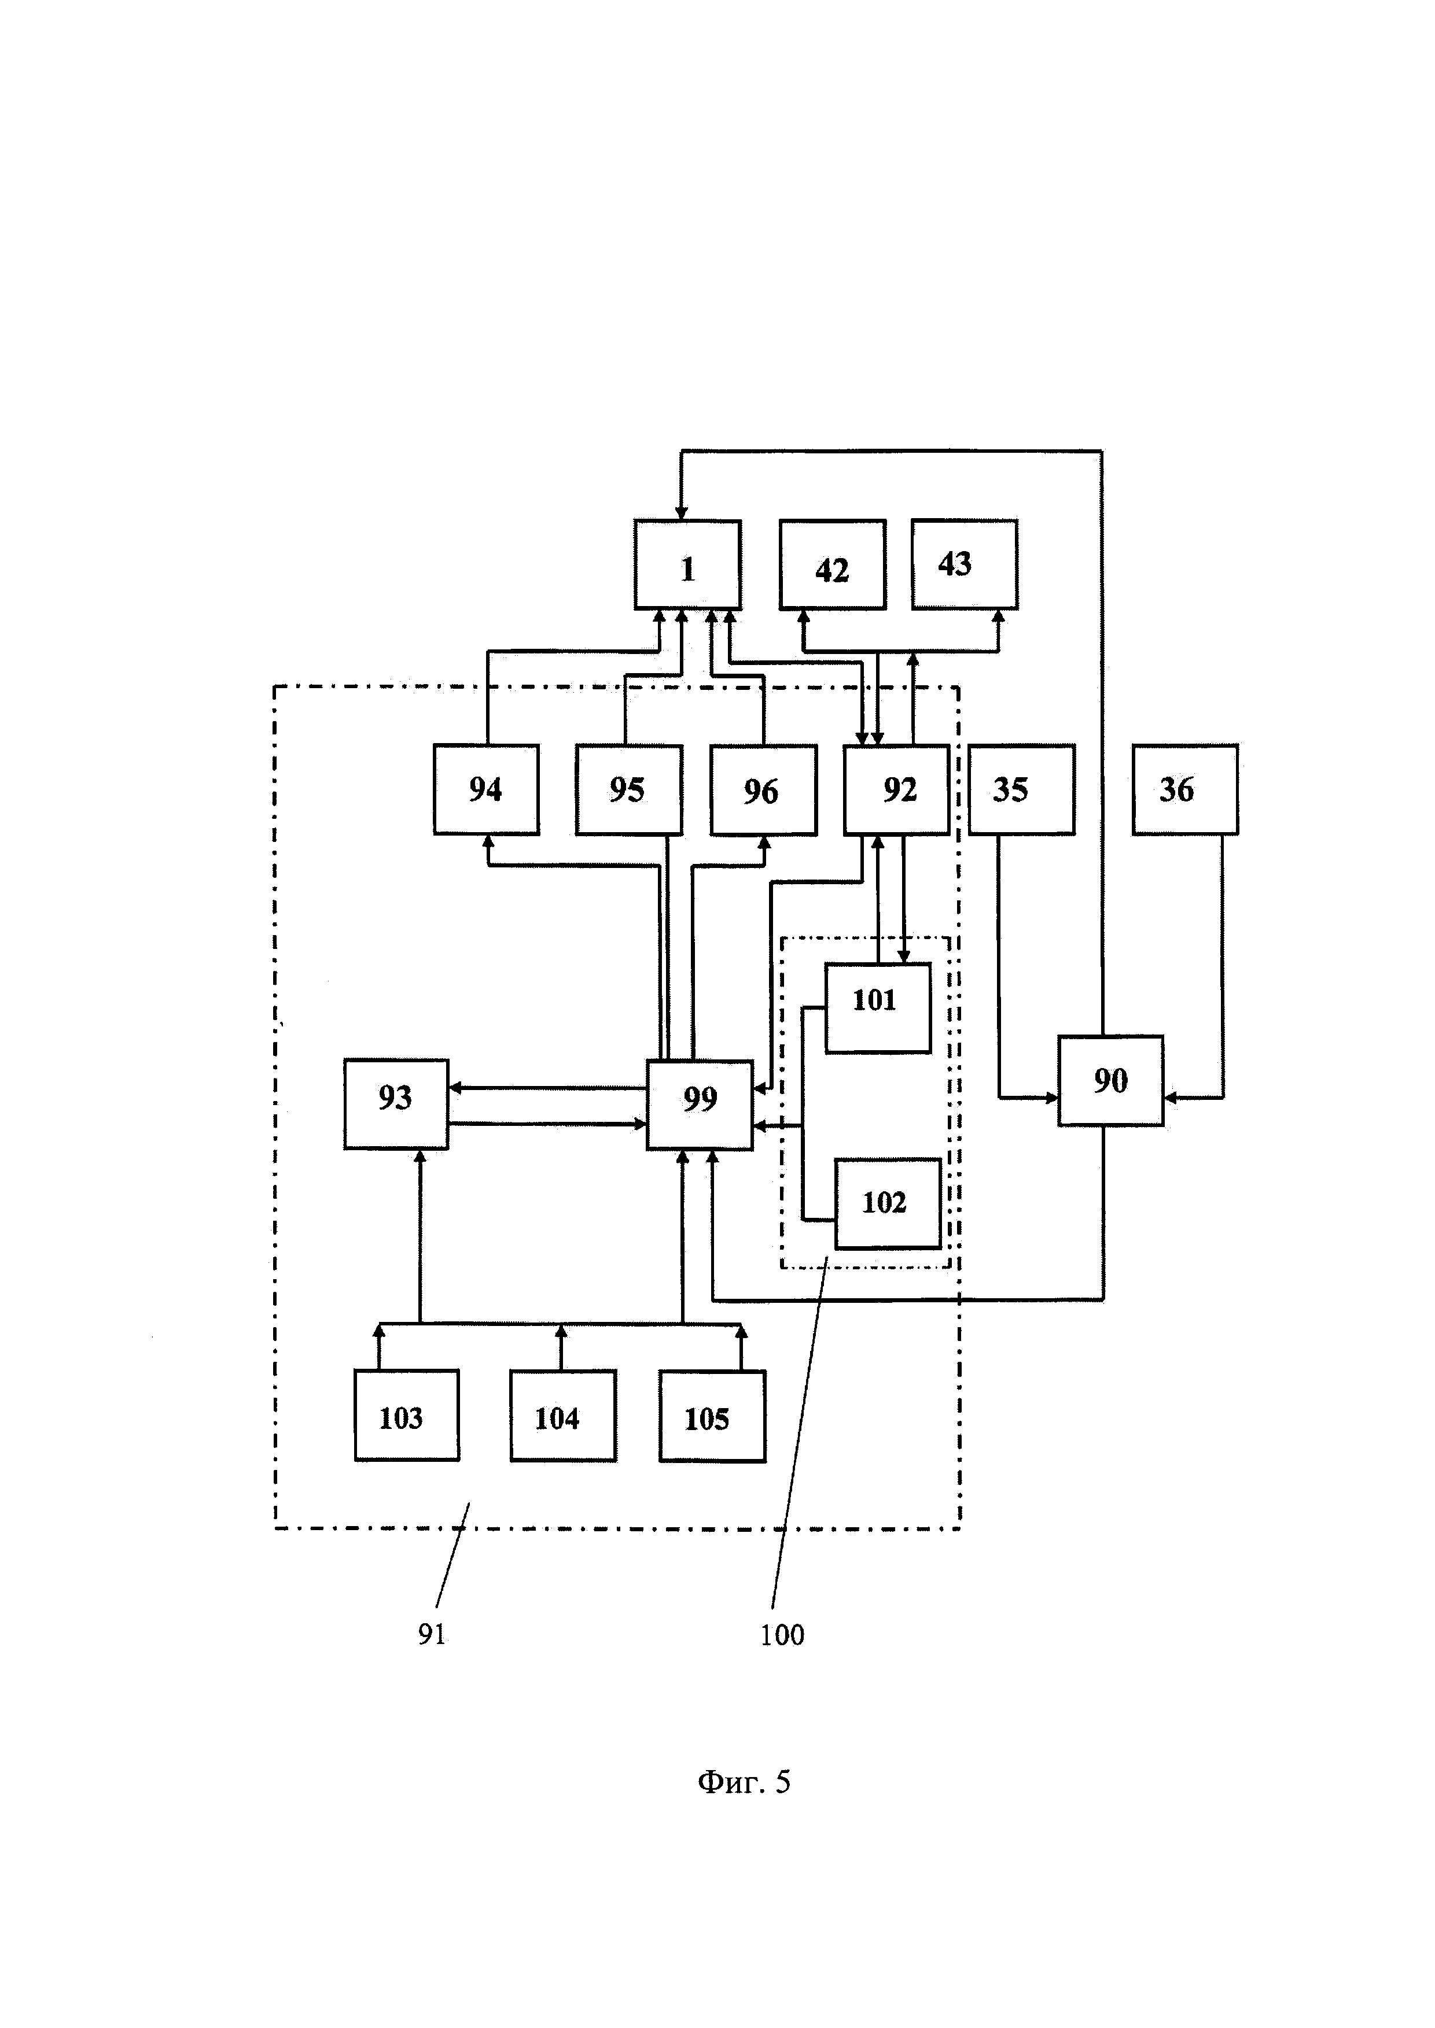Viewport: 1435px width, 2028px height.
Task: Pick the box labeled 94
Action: (486, 790)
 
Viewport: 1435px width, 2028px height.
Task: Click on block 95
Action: (629, 790)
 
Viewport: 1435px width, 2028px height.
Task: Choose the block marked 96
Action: (763, 790)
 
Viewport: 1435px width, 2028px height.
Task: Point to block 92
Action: (897, 790)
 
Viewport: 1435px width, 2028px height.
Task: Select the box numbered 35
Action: (1021, 790)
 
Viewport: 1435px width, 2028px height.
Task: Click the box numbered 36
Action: (1186, 790)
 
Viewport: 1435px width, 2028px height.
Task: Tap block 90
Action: (1111, 1080)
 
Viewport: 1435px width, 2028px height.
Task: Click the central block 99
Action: (700, 1104)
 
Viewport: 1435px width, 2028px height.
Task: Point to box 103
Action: (406, 1415)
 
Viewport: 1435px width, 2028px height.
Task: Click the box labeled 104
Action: (564, 1415)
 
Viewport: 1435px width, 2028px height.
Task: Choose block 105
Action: (712, 1415)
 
